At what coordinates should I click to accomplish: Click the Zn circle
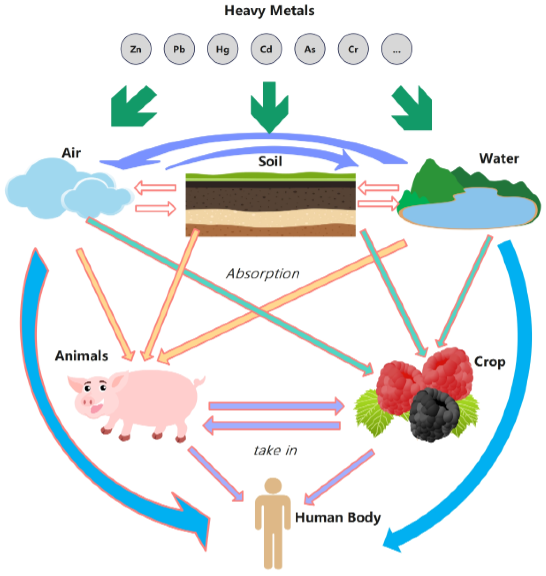(x=136, y=49)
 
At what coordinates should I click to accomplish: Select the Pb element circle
(x=179, y=49)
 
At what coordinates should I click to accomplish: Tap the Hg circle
(x=223, y=49)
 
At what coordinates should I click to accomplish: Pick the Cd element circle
(x=266, y=49)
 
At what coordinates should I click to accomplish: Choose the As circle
(x=310, y=49)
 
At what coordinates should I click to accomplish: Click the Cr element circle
(x=353, y=49)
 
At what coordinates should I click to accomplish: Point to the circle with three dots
(x=397, y=49)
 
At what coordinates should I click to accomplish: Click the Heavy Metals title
(x=269, y=11)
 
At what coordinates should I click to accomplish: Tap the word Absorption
(x=263, y=274)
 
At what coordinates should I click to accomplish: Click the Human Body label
(x=337, y=517)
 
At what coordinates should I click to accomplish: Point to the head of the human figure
(x=273, y=486)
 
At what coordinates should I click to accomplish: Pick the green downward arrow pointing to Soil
(x=269, y=108)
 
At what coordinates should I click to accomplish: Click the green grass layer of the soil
(x=270, y=177)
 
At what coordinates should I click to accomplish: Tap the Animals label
(x=82, y=356)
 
